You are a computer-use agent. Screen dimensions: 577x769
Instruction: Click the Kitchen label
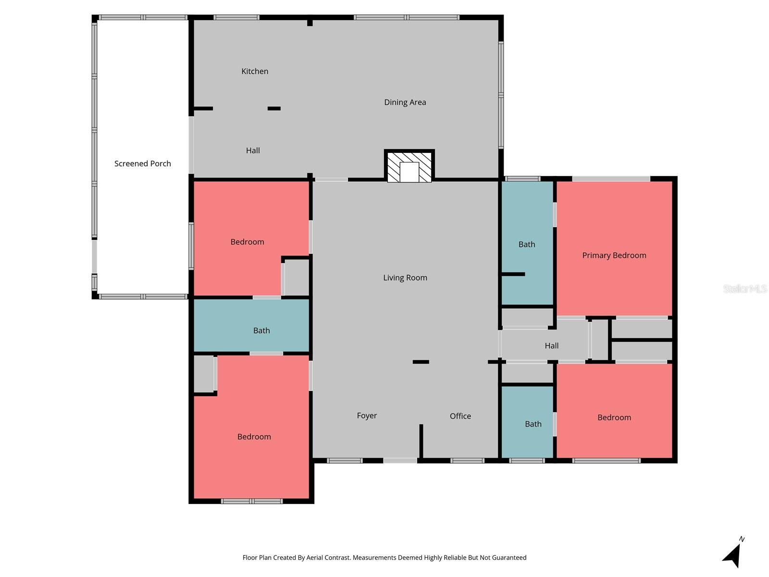coord(255,71)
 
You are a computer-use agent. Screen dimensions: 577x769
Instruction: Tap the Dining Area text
coord(405,102)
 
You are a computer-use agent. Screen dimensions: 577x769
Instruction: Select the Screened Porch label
coord(142,163)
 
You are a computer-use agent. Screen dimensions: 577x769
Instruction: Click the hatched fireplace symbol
coord(409,166)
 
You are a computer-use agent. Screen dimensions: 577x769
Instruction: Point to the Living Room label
coord(405,277)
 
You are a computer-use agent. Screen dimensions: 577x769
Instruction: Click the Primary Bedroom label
coord(614,255)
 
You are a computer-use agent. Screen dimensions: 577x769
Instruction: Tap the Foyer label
coord(367,415)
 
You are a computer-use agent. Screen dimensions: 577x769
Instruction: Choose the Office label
coord(460,416)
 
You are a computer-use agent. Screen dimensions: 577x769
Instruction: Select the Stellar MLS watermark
coord(744,288)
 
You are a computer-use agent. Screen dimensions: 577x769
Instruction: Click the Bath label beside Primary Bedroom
coord(526,244)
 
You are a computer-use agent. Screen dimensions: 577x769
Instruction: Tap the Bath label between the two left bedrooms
coord(261,330)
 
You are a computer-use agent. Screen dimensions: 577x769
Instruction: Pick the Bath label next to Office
coord(533,424)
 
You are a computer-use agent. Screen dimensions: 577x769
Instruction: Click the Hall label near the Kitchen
coord(253,151)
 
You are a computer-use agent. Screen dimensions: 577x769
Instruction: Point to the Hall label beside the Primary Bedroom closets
coord(551,346)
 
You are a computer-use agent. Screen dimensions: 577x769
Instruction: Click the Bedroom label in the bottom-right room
coord(614,417)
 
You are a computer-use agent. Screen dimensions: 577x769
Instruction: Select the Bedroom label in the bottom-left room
coord(254,437)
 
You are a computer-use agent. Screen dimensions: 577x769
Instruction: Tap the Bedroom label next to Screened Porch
coord(247,242)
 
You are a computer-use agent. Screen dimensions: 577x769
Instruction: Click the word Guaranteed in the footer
coord(509,558)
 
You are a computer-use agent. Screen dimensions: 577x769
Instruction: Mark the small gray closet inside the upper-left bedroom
coord(297,277)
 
